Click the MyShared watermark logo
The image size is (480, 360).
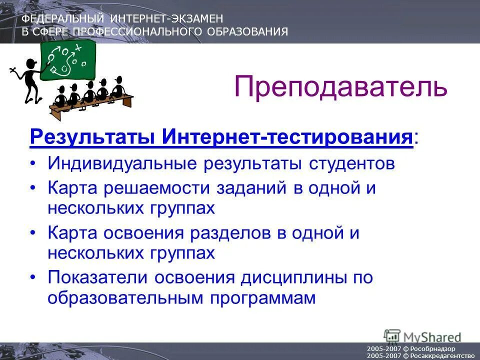click(x=422, y=336)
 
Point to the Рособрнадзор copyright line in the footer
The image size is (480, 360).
click(x=410, y=348)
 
